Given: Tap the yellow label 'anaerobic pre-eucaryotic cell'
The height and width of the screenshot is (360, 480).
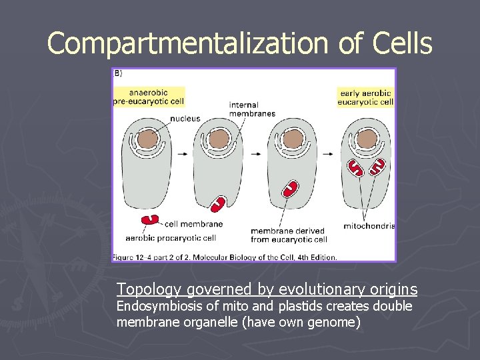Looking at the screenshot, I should (148, 97).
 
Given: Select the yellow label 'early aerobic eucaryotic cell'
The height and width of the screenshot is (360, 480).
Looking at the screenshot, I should (366, 97).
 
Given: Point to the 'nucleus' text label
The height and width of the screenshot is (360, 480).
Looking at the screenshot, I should (185, 119).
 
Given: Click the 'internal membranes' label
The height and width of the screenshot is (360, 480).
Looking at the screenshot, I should (252, 109).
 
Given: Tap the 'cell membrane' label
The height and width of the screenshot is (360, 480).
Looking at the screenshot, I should (193, 224).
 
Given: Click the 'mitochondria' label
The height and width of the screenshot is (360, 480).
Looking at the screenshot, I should (369, 226).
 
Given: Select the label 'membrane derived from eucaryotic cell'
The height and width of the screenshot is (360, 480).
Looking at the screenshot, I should (289, 235).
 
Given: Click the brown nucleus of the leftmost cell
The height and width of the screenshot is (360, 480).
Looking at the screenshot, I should (147, 139).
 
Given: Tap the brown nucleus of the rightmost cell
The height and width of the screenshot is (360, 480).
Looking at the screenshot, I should (366, 139).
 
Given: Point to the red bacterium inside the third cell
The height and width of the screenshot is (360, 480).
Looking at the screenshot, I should (290, 188).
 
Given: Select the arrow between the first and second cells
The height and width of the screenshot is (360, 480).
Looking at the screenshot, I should (182, 153).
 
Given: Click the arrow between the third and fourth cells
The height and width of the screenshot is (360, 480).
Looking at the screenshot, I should (329, 153).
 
